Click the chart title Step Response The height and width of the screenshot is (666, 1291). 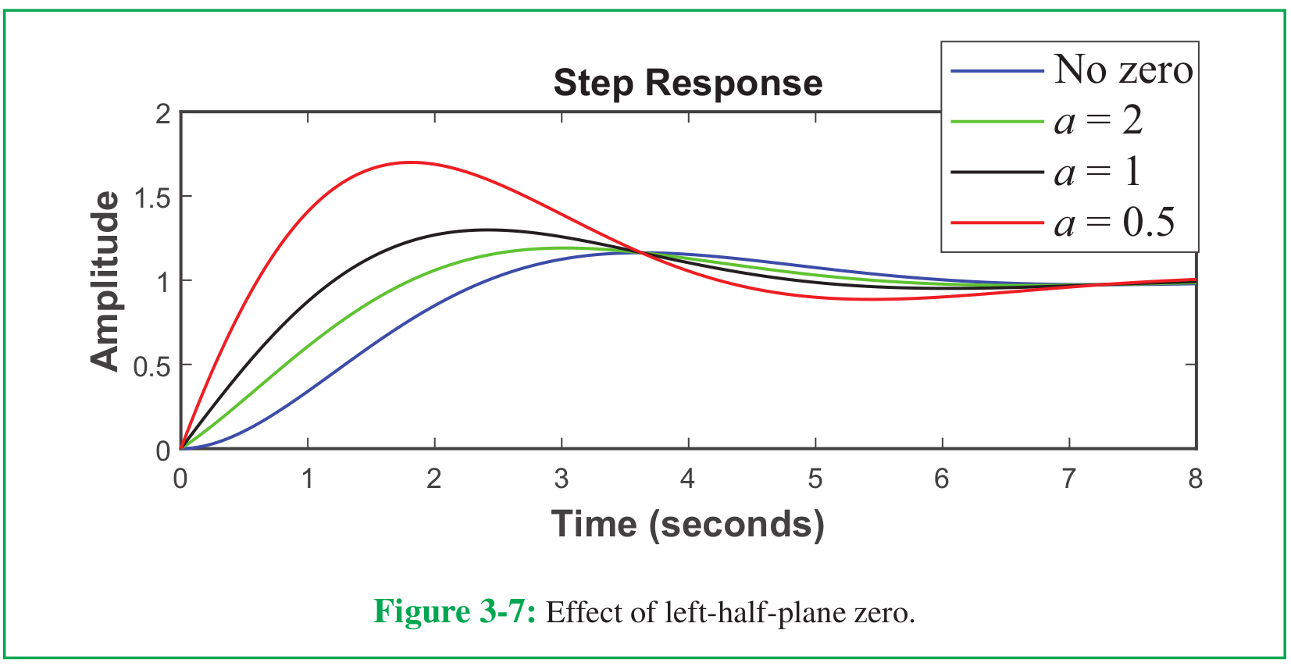[x=688, y=84]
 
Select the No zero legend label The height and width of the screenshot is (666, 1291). [x=1123, y=69]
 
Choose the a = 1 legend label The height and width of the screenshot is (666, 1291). [x=1097, y=171]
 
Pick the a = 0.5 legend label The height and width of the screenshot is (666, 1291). [x=1114, y=222]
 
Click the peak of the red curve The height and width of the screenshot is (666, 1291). [x=411, y=162]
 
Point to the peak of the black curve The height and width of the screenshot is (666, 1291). [x=487, y=230]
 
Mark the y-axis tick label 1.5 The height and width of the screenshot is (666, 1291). [x=152, y=199]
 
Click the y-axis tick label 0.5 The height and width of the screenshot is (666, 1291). [x=152, y=367]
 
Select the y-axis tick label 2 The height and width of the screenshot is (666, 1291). [x=163, y=114]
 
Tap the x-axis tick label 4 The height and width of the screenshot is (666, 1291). [x=687, y=479]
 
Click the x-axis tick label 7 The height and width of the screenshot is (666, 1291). [x=1068, y=479]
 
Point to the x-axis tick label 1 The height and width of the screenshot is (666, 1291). [x=308, y=479]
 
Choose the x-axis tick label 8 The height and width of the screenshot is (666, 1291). [x=1196, y=479]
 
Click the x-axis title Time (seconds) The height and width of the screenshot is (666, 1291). [x=688, y=525]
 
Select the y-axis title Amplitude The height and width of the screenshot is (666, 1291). [x=105, y=281]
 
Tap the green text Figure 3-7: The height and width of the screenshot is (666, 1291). [x=455, y=611]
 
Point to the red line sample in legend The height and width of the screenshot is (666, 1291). [x=997, y=223]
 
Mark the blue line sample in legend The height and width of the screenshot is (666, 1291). [x=997, y=71]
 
